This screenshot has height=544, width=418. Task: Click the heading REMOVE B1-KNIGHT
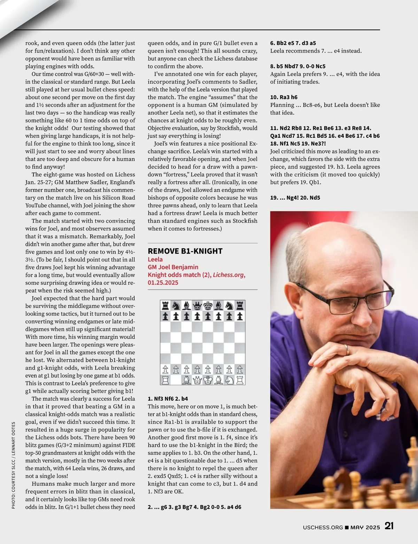(x=185, y=251)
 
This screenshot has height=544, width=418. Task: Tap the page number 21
(x=389, y=526)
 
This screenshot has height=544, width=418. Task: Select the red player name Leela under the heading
(x=155, y=259)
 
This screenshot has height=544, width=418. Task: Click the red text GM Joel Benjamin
(x=173, y=267)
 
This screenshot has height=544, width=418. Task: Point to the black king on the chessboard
(x=208, y=306)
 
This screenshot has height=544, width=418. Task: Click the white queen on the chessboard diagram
(x=197, y=380)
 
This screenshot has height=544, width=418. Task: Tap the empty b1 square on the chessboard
(x=176, y=380)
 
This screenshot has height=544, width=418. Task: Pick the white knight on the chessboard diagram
(x=229, y=380)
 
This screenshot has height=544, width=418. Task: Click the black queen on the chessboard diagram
(x=197, y=306)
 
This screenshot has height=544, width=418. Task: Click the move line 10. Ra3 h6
(x=284, y=97)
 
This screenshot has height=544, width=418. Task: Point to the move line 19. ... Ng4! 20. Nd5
(x=295, y=198)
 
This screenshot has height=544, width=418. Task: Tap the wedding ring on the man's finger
(x=347, y=350)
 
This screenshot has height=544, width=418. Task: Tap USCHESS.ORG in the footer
(x=323, y=527)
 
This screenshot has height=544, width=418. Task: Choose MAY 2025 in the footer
(x=365, y=527)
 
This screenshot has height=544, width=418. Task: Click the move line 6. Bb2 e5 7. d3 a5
(x=293, y=43)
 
